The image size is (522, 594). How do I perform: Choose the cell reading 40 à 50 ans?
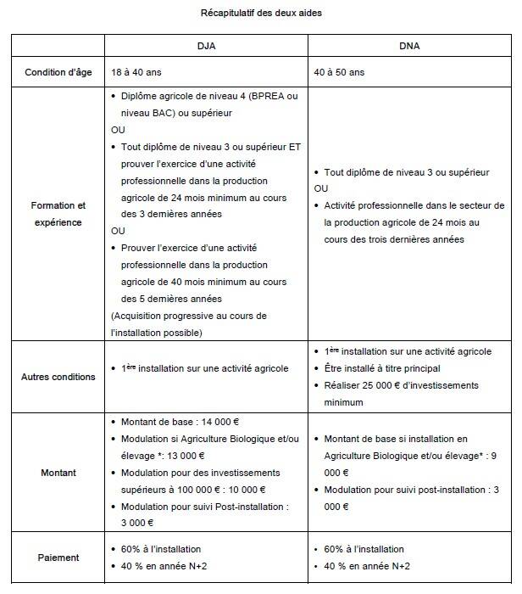[344, 74]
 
